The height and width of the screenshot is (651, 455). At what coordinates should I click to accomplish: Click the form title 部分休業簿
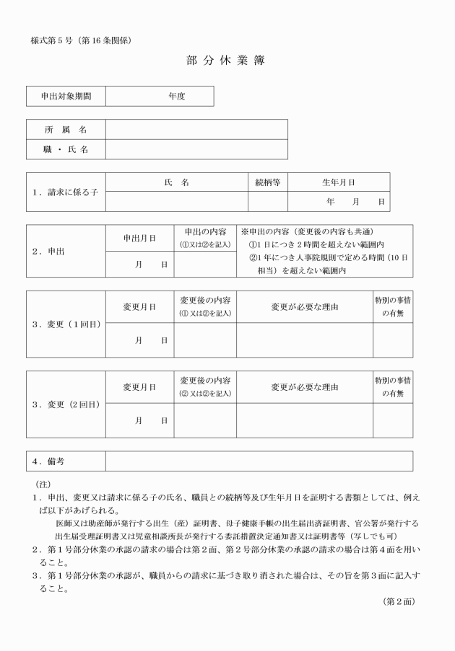pos(225,61)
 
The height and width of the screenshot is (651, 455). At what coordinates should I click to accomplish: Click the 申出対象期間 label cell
pos(66,96)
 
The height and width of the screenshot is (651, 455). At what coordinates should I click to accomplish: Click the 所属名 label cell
pos(66,129)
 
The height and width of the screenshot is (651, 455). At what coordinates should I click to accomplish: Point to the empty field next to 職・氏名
pos(196,149)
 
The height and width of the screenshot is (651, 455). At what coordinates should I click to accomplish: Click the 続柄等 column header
pos(267,182)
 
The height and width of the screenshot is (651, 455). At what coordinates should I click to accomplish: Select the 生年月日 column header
pos(338,182)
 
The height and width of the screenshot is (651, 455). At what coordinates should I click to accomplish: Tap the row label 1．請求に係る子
pos(66,192)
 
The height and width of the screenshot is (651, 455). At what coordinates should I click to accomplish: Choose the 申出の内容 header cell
pos(205,238)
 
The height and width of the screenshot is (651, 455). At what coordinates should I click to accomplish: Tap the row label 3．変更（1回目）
pos(66,324)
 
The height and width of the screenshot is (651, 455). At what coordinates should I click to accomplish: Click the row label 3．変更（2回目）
pos(66,404)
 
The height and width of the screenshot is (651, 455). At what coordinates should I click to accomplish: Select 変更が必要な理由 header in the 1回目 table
pos(304,307)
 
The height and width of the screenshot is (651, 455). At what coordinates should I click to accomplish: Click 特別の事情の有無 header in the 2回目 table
pos(393,386)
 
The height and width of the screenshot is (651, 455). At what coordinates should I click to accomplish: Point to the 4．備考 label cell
pos(66,461)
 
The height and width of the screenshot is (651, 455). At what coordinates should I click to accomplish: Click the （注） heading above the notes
pos(43,482)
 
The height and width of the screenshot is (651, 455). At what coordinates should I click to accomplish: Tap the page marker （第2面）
pos(399,600)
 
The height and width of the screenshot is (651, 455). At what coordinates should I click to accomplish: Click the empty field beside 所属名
pos(196,129)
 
